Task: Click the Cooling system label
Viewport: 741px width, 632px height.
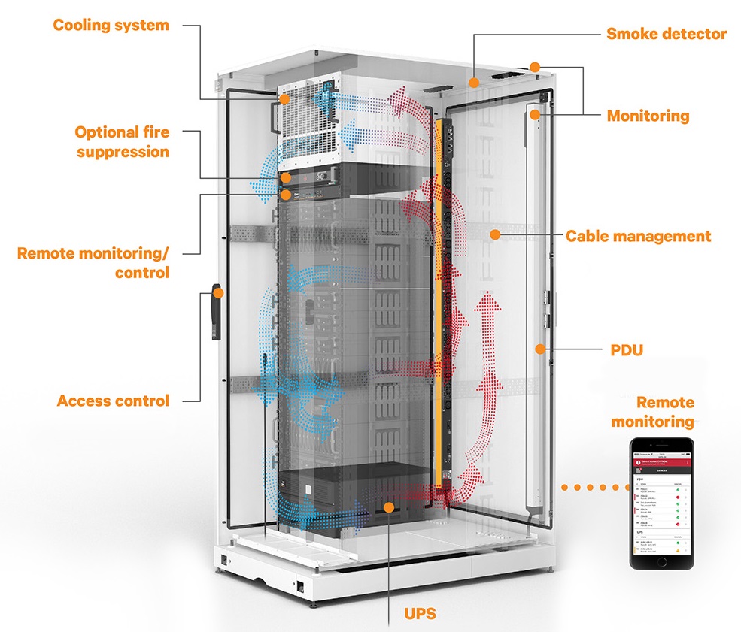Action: (x=111, y=26)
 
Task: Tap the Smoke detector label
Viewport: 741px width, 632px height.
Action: (x=667, y=34)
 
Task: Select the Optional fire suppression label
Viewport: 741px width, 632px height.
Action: (x=122, y=142)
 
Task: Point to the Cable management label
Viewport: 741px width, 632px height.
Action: (x=638, y=237)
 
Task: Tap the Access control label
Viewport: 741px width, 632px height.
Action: (x=113, y=401)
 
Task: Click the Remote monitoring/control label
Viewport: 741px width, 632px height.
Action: (x=93, y=262)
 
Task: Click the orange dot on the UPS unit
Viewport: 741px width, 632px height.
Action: (x=388, y=508)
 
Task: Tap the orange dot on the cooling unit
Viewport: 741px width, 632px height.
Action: (x=284, y=99)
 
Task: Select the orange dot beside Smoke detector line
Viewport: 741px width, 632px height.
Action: (x=474, y=80)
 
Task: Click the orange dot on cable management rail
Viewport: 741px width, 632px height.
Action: (x=494, y=234)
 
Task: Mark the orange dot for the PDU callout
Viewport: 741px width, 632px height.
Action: (x=539, y=348)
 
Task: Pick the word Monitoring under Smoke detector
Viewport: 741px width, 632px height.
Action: (x=648, y=116)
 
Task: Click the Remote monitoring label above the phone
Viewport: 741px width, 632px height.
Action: (x=651, y=412)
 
